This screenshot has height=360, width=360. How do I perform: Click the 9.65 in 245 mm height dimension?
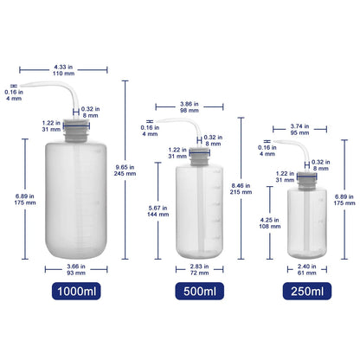point(126,167)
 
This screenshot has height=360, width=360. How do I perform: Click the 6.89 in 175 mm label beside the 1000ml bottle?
point(25,200)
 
